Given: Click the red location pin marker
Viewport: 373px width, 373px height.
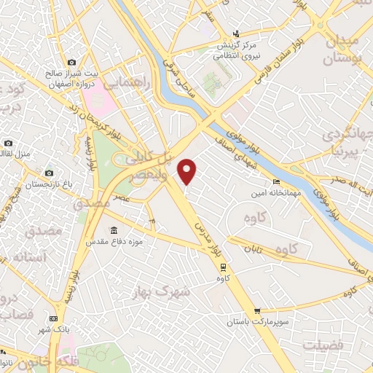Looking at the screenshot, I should pyautogui.click(x=188, y=170).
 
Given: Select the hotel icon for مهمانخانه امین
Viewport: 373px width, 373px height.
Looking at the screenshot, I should pyautogui.click(x=275, y=181).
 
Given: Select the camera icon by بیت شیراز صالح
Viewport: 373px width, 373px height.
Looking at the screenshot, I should pyautogui.click(x=71, y=63).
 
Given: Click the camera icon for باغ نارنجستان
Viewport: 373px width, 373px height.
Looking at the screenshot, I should pyautogui.click(x=49, y=173).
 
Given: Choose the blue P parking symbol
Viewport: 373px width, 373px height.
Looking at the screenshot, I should pyautogui.click(x=152, y=219).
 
